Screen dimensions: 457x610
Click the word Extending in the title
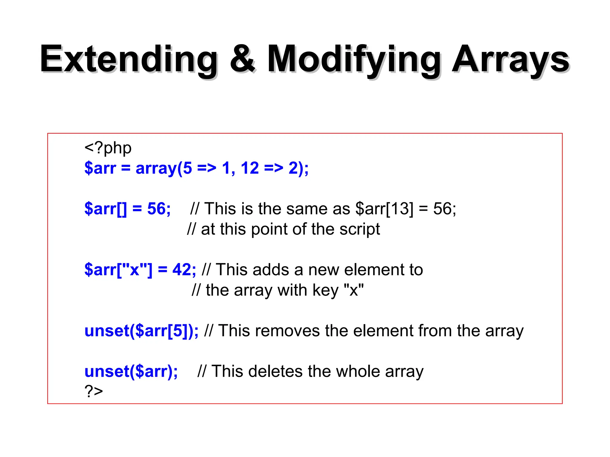click(129, 60)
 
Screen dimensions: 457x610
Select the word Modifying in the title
click(354, 60)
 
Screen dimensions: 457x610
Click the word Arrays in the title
click(511, 60)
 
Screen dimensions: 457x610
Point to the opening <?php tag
click(108, 148)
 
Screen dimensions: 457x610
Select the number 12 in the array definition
click(250, 168)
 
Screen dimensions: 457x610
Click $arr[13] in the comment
click(384, 209)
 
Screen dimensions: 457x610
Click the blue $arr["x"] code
click(118, 270)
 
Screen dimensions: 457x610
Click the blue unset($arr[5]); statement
click(141, 331)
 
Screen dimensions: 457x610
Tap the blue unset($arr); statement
click(131, 371)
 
